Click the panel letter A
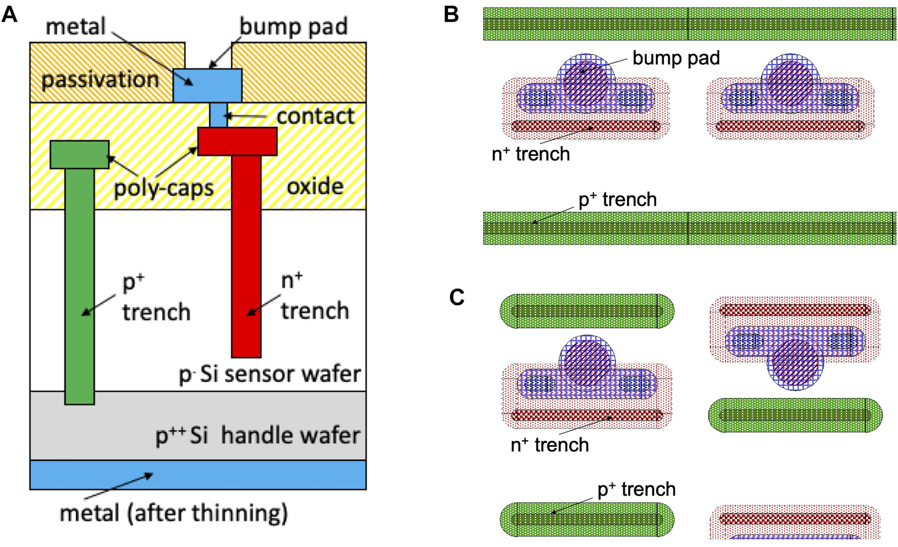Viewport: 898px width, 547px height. (9, 14)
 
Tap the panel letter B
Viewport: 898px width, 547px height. (451, 14)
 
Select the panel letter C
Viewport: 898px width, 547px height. (456, 297)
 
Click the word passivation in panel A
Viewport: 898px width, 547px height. (100, 80)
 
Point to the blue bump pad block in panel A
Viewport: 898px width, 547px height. (207, 85)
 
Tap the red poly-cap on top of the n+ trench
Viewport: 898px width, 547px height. (237, 142)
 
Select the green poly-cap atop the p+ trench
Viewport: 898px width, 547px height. (79, 154)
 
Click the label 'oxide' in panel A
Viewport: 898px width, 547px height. (315, 187)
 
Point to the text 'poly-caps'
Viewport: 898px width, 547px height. (164, 188)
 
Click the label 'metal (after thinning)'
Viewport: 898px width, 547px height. (174, 513)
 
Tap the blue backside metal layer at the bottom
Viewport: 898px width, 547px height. (198, 474)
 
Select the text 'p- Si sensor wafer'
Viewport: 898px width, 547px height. (270, 374)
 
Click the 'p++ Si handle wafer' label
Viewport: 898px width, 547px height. (258, 436)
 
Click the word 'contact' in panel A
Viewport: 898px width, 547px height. (315, 116)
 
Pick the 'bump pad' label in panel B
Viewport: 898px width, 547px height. (676, 58)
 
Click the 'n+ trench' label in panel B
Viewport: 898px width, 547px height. (531, 154)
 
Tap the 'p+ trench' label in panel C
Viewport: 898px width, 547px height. (637, 489)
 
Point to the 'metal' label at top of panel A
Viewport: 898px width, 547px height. (75, 26)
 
